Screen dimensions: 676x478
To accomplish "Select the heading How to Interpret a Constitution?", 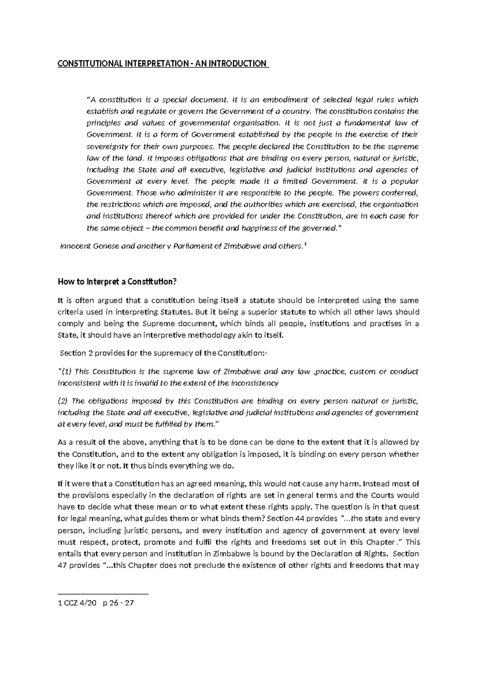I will [x=117, y=282].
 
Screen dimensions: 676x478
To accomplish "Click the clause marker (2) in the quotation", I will [x=63, y=401].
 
